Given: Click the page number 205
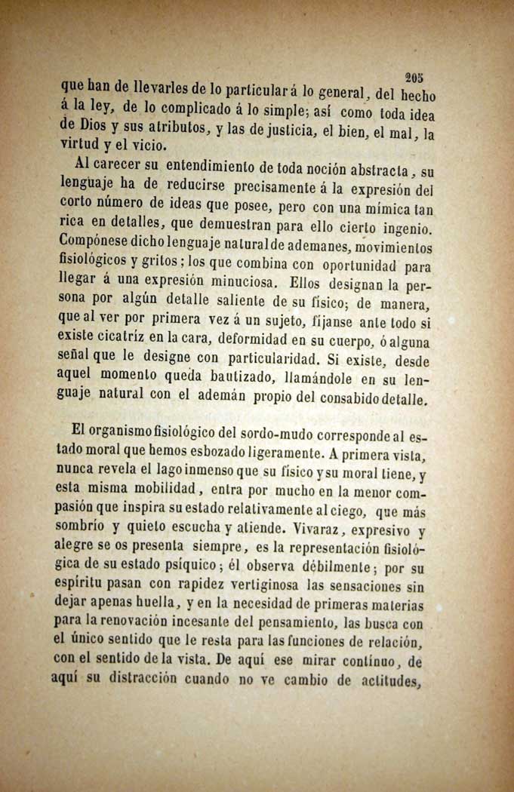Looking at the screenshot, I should (414, 76).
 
